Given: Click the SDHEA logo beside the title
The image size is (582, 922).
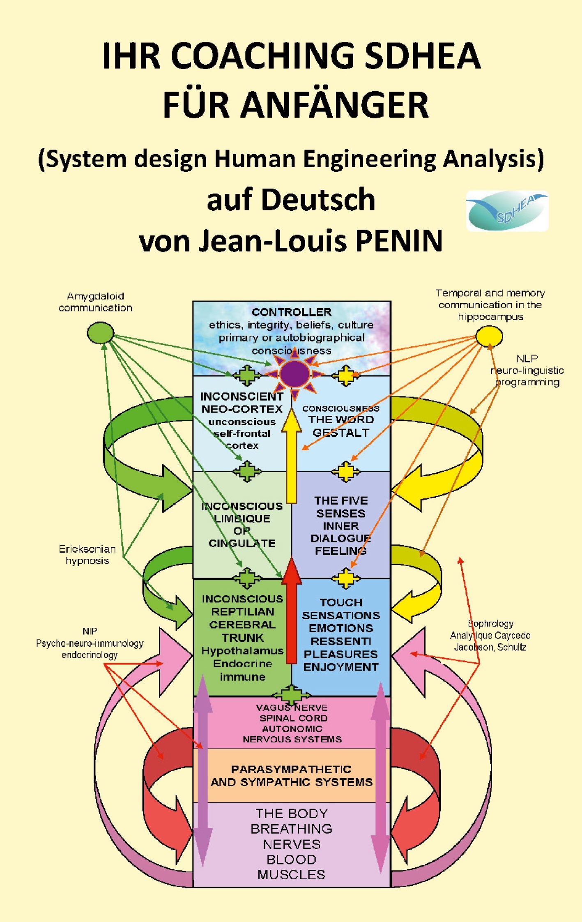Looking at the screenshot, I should [507, 211].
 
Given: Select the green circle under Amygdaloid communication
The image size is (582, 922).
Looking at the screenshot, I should [101, 332].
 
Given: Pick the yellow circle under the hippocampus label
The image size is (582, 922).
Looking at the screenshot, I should [489, 336].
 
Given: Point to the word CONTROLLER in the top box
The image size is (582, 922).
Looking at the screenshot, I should [291, 312].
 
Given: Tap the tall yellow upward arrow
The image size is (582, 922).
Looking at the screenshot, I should [291, 456].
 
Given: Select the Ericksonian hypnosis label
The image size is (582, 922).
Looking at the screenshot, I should [87, 555].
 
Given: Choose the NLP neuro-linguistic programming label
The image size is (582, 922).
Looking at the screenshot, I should [527, 370].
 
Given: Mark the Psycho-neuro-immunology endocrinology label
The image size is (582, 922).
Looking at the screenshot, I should [90, 643].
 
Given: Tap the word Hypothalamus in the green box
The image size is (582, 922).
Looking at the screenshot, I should [242, 651].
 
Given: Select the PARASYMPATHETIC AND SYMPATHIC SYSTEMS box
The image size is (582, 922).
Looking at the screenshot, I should [291, 775].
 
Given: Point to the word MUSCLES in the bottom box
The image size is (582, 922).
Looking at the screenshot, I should [291, 874].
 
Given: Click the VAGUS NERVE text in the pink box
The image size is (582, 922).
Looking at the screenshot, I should [292, 708].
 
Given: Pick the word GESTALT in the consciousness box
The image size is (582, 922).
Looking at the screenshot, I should [341, 433].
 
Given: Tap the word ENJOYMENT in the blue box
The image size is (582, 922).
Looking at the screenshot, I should [341, 667].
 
